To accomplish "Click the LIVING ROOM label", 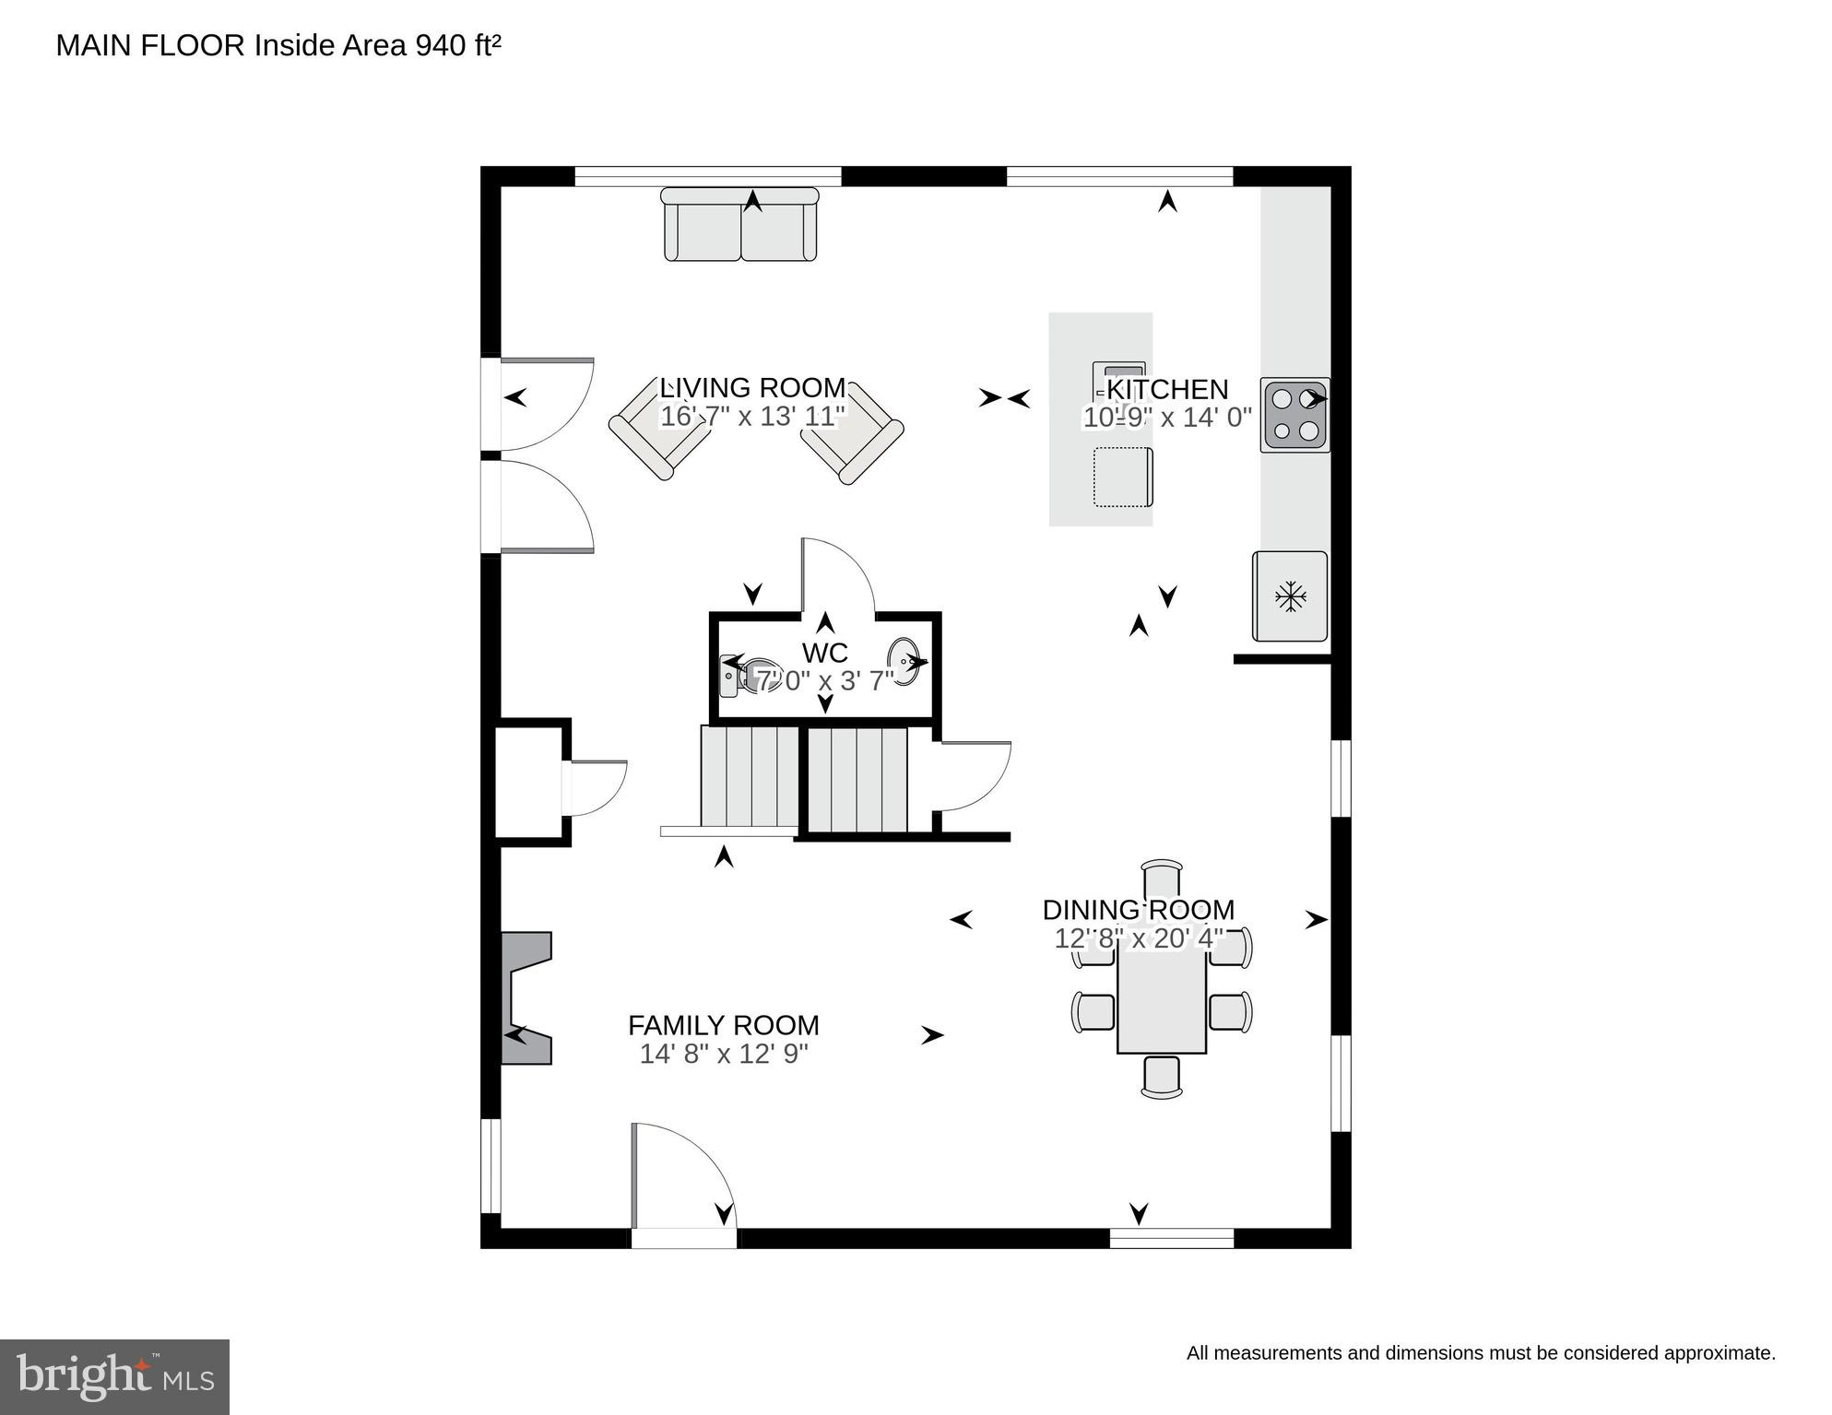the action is click(752, 387).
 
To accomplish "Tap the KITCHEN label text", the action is click(1167, 389).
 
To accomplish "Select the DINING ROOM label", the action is click(1139, 910).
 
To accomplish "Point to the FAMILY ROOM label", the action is click(724, 1025).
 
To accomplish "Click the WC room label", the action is click(825, 653).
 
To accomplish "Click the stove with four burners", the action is click(1295, 416).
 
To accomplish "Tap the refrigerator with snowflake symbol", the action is click(1290, 596).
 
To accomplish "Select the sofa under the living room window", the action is click(740, 224).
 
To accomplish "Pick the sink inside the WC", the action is click(904, 663).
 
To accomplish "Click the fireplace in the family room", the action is click(526, 998).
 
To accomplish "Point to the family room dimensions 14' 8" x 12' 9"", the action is click(724, 1054).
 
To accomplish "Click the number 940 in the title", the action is click(441, 45).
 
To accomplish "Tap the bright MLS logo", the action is click(114, 1377).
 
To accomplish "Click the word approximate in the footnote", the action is click(1720, 1353).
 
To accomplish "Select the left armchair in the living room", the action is click(660, 431).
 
